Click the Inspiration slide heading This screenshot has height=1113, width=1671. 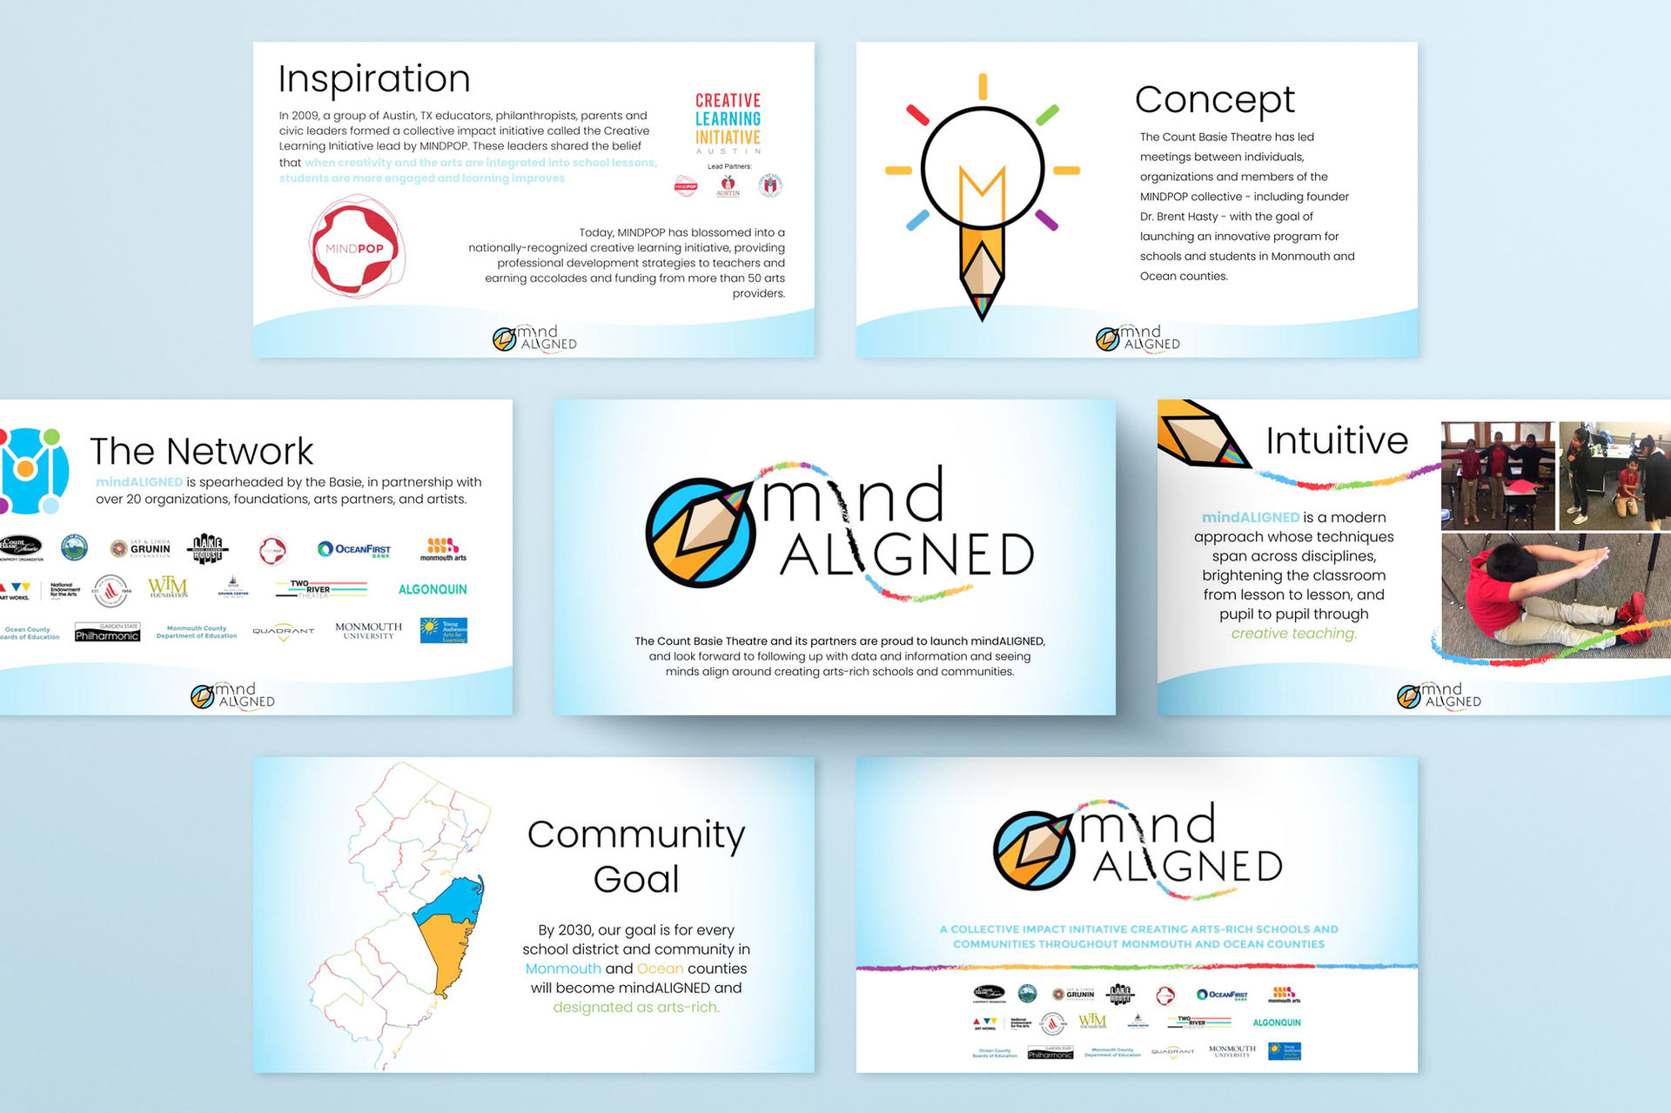(x=374, y=79)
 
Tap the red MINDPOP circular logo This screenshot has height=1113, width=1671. (x=355, y=248)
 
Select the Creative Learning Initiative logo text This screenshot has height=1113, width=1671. (x=728, y=119)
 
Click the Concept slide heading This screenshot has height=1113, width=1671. (x=1214, y=100)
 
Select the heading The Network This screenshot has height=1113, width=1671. (x=201, y=452)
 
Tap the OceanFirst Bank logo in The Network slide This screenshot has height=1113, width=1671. (x=354, y=549)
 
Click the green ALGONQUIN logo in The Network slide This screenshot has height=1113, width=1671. (x=432, y=589)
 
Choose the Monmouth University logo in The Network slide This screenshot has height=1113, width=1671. (x=368, y=630)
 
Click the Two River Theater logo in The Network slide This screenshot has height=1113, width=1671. (x=320, y=589)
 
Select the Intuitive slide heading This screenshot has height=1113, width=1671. (x=1336, y=441)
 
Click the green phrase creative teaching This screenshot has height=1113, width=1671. (x=1293, y=634)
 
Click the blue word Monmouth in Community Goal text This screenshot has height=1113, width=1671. (x=563, y=969)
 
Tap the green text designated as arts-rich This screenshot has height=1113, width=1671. (x=636, y=1007)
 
